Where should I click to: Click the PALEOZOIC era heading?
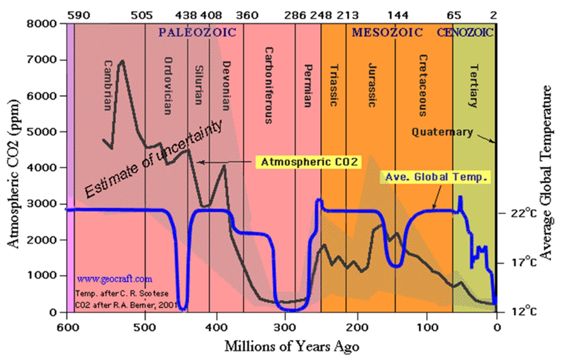[x=197, y=33]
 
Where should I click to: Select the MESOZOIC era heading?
[x=387, y=33]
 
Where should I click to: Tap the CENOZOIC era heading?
[x=465, y=33]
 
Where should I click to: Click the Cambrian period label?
[x=108, y=85]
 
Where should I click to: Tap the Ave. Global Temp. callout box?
[x=436, y=178]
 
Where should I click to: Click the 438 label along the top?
[x=186, y=16]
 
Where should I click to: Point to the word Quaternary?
[x=442, y=132]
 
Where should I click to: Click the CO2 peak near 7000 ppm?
[x=122, y=61]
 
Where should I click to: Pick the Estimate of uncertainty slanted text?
[x=152, y=161]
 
